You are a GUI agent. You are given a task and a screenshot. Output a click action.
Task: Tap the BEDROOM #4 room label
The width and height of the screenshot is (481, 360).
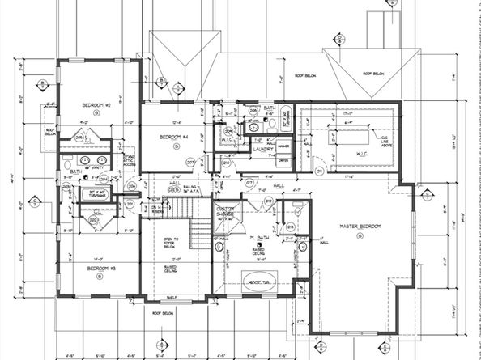(x=173, y=137)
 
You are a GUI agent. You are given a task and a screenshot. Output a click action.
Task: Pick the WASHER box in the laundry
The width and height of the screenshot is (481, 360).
(x=283, y=146)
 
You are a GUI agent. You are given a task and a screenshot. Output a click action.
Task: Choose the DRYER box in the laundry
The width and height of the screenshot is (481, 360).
(x=283, y=160)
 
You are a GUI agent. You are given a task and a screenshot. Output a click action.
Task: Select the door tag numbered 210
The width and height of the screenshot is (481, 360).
(x=227, y=163)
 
